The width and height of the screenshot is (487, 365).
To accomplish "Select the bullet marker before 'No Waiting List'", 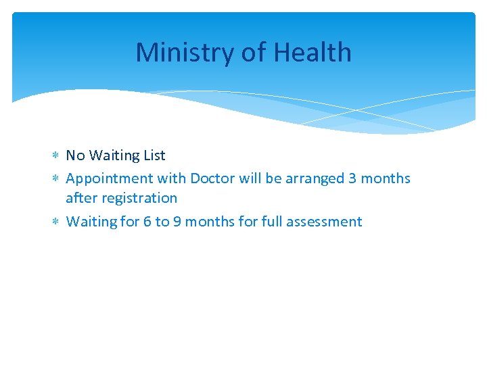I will pos(55,156).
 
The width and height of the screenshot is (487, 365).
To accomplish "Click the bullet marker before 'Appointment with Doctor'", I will pos(55,179).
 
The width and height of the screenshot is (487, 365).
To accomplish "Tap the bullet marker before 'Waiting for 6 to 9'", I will pos(55,222).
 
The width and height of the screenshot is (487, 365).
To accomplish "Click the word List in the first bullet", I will pos(154,155).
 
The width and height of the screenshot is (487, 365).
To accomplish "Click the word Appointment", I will pos(109,179).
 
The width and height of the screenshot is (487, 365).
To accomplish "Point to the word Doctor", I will pos(212,178).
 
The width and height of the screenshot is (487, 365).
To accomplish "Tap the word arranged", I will pos(314,179).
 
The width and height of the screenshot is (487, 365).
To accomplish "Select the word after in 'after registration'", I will pos(80,198).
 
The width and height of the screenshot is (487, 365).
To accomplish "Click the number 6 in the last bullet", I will pos(147,222).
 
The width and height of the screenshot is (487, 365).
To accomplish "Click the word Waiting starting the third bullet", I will pos(91,222).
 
